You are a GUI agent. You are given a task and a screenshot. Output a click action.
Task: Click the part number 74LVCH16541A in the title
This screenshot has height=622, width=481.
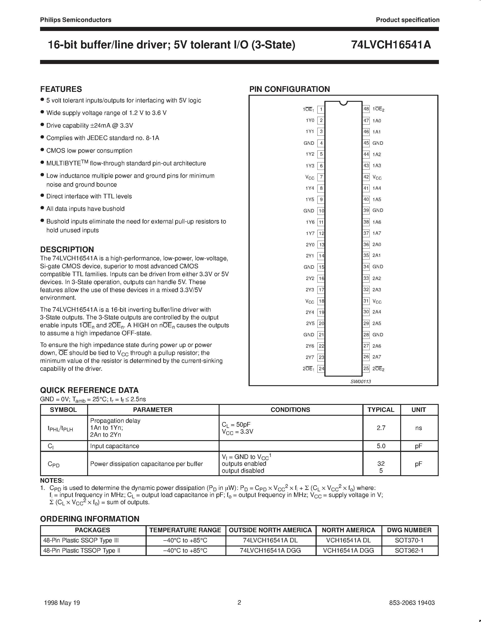click(391, 45)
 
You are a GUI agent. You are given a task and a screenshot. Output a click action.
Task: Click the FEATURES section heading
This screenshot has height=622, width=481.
click(61, 89)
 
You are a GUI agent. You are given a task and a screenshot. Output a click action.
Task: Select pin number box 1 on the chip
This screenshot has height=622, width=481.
click(321, 109)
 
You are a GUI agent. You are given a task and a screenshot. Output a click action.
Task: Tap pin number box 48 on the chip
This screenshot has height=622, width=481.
click(366, 109)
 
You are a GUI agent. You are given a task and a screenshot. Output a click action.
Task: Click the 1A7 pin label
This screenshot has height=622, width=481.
click(376, 233)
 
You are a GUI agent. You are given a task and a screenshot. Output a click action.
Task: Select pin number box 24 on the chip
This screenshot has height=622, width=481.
click(321, 368)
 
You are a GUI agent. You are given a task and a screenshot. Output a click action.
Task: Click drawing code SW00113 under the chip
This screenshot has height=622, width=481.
click(360, 381)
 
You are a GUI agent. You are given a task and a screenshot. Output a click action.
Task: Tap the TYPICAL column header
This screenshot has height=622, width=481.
click(381, 410)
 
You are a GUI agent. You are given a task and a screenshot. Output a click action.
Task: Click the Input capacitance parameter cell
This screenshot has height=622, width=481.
click(115, 446)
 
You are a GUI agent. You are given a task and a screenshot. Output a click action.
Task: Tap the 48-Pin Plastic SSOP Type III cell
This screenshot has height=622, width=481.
click(81, 540)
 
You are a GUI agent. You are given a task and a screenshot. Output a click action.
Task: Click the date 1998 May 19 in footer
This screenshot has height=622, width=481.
click(62, 603)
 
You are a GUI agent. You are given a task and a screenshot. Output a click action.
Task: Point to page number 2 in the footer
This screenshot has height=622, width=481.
click(239, 602)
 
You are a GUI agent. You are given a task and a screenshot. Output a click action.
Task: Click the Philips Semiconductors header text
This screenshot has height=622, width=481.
click(76, 20)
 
